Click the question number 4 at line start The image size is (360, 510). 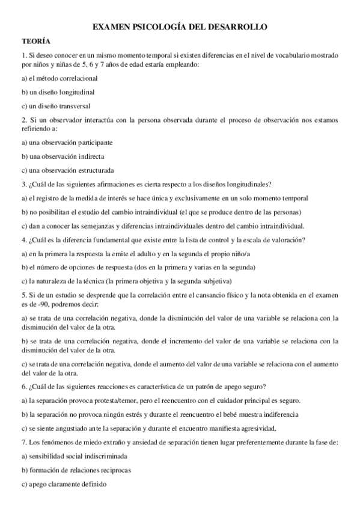point(23,240)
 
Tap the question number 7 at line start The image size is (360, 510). point(23,442)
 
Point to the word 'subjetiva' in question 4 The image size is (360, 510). point(216,281)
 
